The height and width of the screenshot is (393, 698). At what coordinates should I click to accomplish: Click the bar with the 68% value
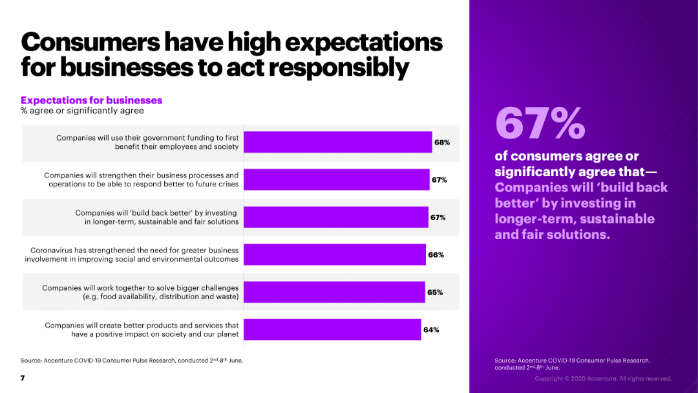pyautogui.click(x=337, y=142)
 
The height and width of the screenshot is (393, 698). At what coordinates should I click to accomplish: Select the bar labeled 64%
pyautogui.click(x=332, y=330)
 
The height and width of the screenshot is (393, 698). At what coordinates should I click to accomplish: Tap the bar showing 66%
pyautogui.click(x=334, y=254)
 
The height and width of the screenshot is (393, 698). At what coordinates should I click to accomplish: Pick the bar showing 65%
pyautogui.click(x=334, y=292)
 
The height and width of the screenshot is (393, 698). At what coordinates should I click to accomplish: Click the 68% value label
pyautogui.click(x=442, y=142)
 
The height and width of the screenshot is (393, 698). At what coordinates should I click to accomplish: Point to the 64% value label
pyautogui.click(x=431, y=330)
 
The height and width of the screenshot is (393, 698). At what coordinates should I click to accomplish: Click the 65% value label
pyautogui.click(x=435, y=292)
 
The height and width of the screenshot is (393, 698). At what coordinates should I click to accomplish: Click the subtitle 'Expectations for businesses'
pyautogui.click(x=91, y=100)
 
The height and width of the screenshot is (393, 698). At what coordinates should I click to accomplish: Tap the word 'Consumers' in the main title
pyautogui.click(x=90, y=42)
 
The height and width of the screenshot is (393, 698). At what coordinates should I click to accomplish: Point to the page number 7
pyautogui.click(x=23, y=378)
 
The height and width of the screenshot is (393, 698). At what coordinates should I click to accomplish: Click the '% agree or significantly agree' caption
pyautogui.click(x=82, y=111)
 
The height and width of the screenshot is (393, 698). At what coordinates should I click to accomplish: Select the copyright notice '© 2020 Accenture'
pyautogui.click(x=602, y=379)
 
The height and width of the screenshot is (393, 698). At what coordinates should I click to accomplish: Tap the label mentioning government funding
pyautogui.click(x=147, y=142)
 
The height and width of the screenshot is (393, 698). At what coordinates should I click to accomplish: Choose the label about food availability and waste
pyautogui.click(x=140, y=292)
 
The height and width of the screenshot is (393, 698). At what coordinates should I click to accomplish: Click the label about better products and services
pyautogui.click(x=142, y=330)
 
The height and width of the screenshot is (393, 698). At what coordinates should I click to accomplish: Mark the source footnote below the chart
pyautogui.click(x=132, y=360)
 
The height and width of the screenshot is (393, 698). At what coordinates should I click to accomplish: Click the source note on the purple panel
pyautogui.click(x=572, y=363)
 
